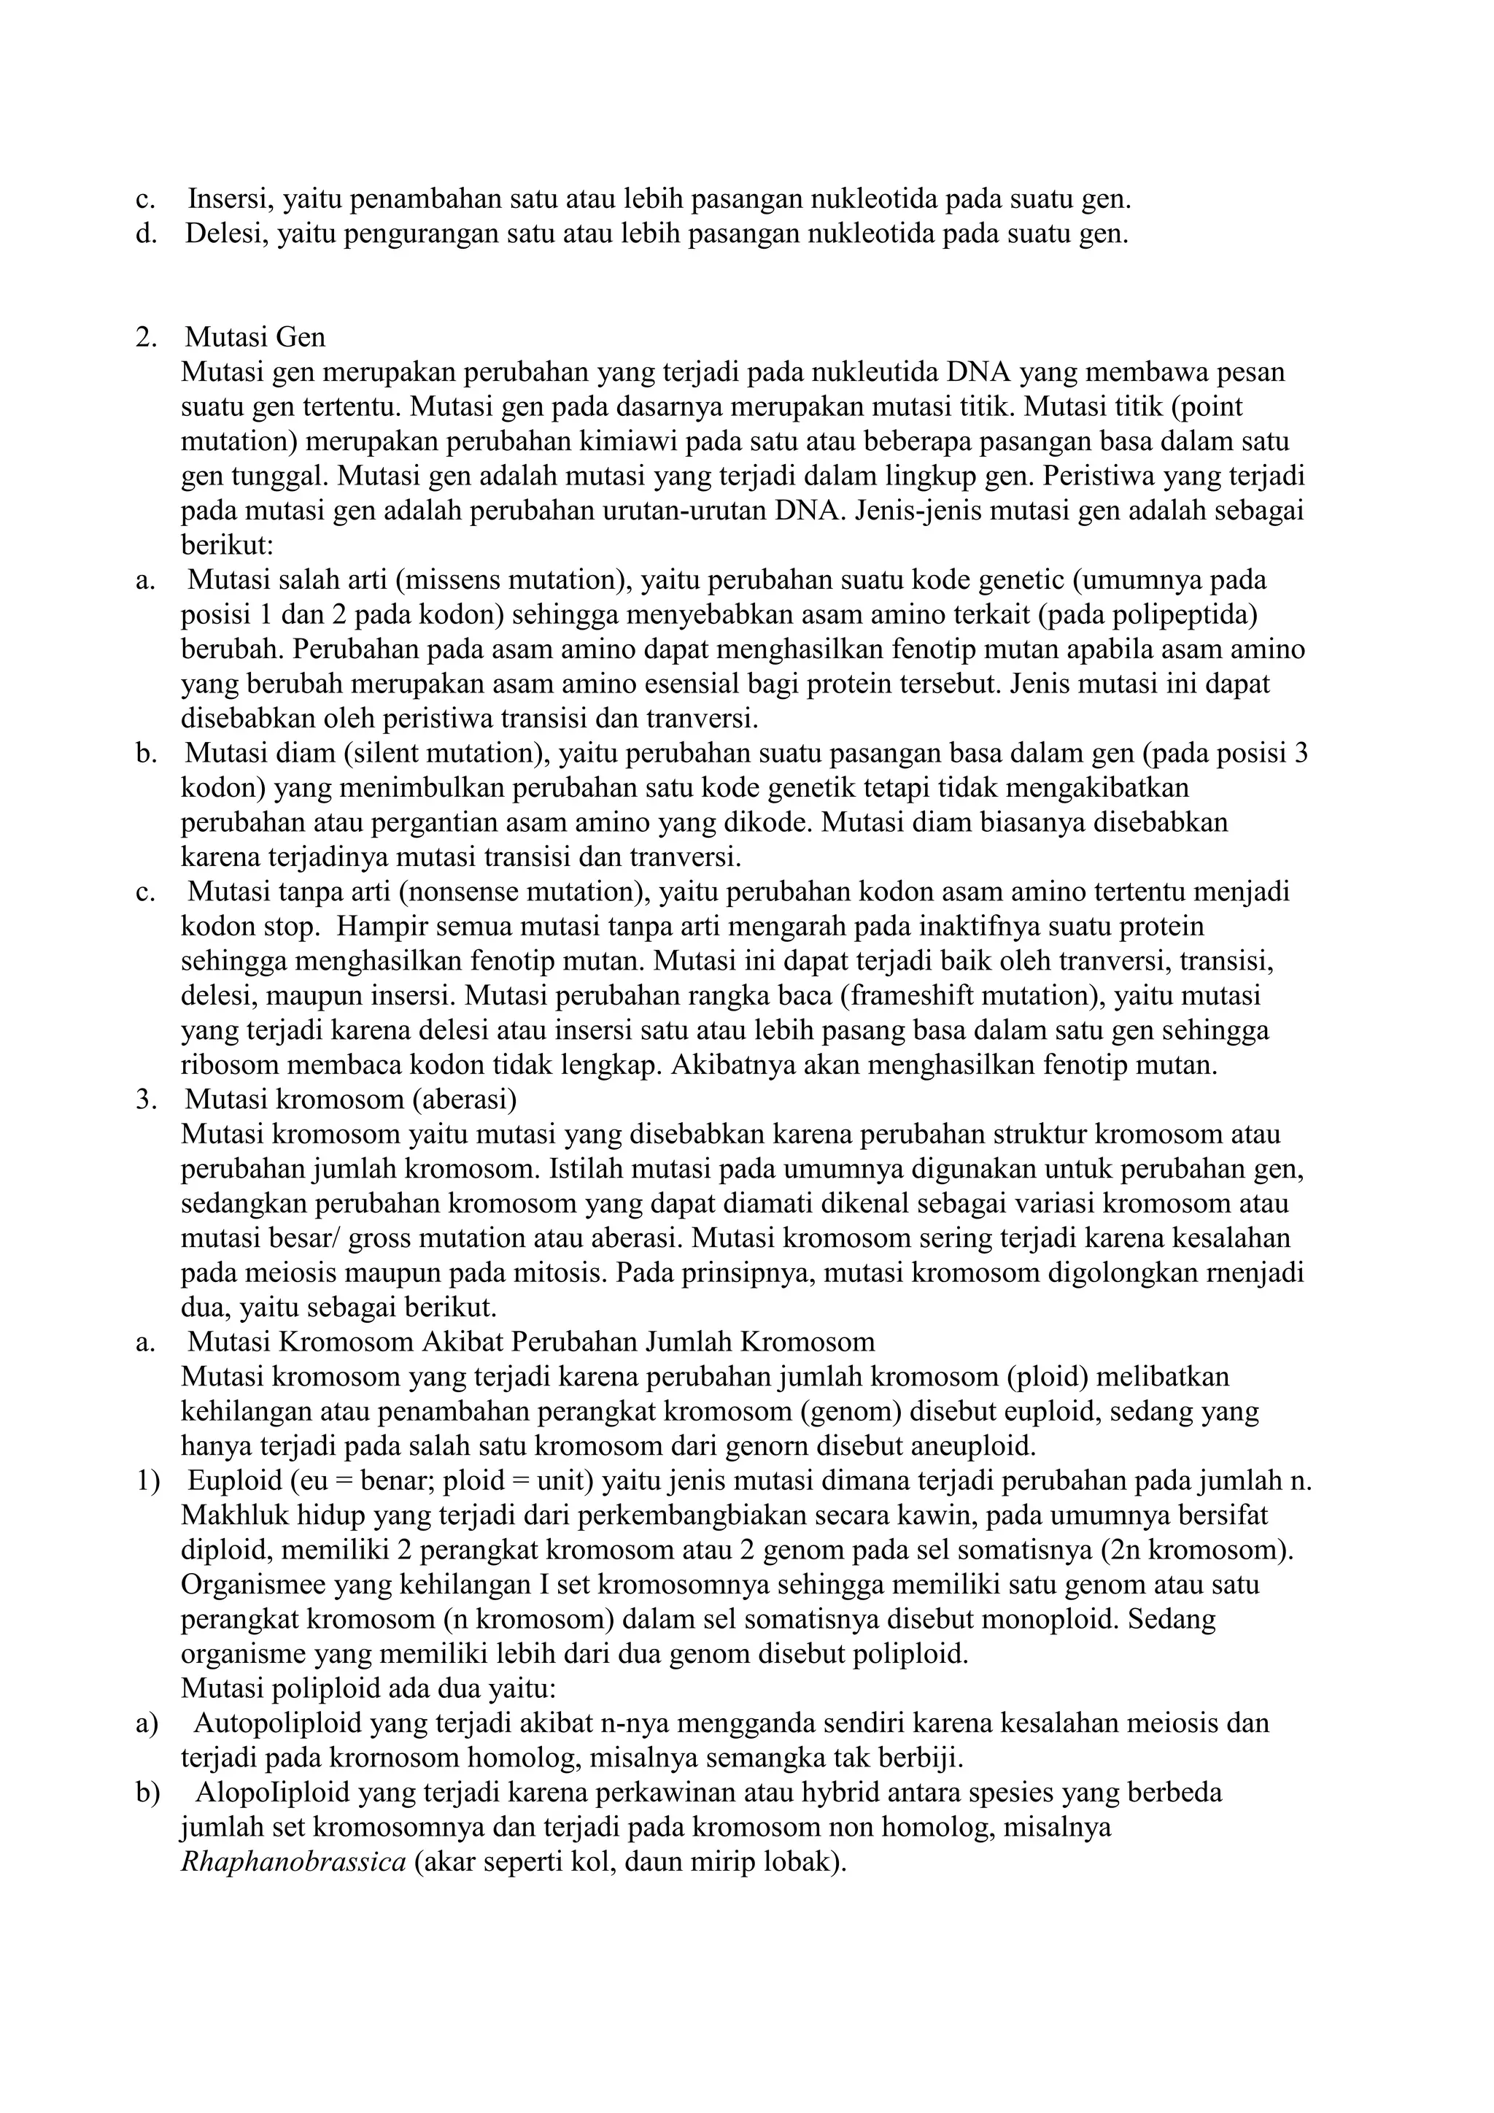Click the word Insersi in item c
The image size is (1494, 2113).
230,198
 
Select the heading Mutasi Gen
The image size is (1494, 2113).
255,338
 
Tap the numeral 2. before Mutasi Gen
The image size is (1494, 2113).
147,338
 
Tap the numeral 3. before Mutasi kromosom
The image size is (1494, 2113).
147,1100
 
